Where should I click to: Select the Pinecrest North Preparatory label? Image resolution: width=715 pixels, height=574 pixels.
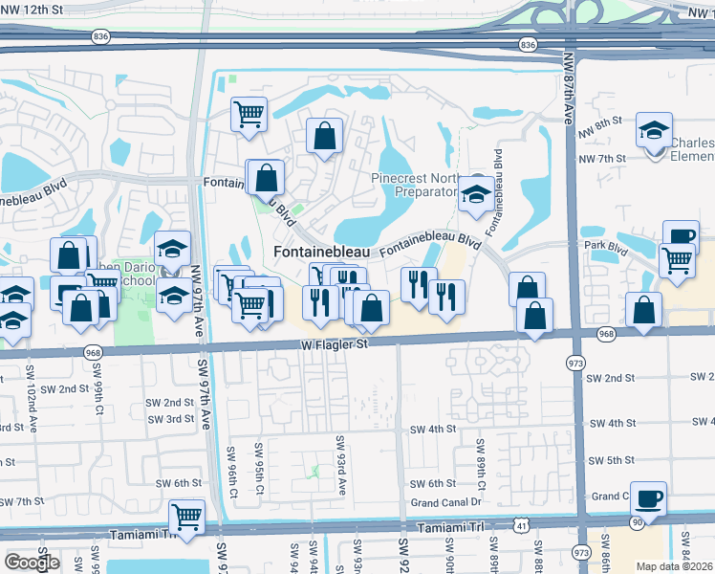pyautogui.click(x=415, y=185)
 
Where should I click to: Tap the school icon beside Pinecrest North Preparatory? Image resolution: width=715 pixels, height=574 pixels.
pyautogui.click(x=476, y=194)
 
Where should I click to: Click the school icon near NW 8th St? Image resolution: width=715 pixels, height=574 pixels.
pyautogui.click(x=655, y=131)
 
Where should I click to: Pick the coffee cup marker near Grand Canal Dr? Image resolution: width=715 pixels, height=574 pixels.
pyautogui.click(x=648, y=497)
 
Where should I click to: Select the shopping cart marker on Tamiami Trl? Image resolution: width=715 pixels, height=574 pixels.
pyautogui.click(x=186, y=517)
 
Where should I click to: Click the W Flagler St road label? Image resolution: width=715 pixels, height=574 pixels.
pyautogui.click(x=334, y=342)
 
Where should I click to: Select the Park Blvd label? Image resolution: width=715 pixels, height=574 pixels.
pyautogui.click(x=604, y=247)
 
